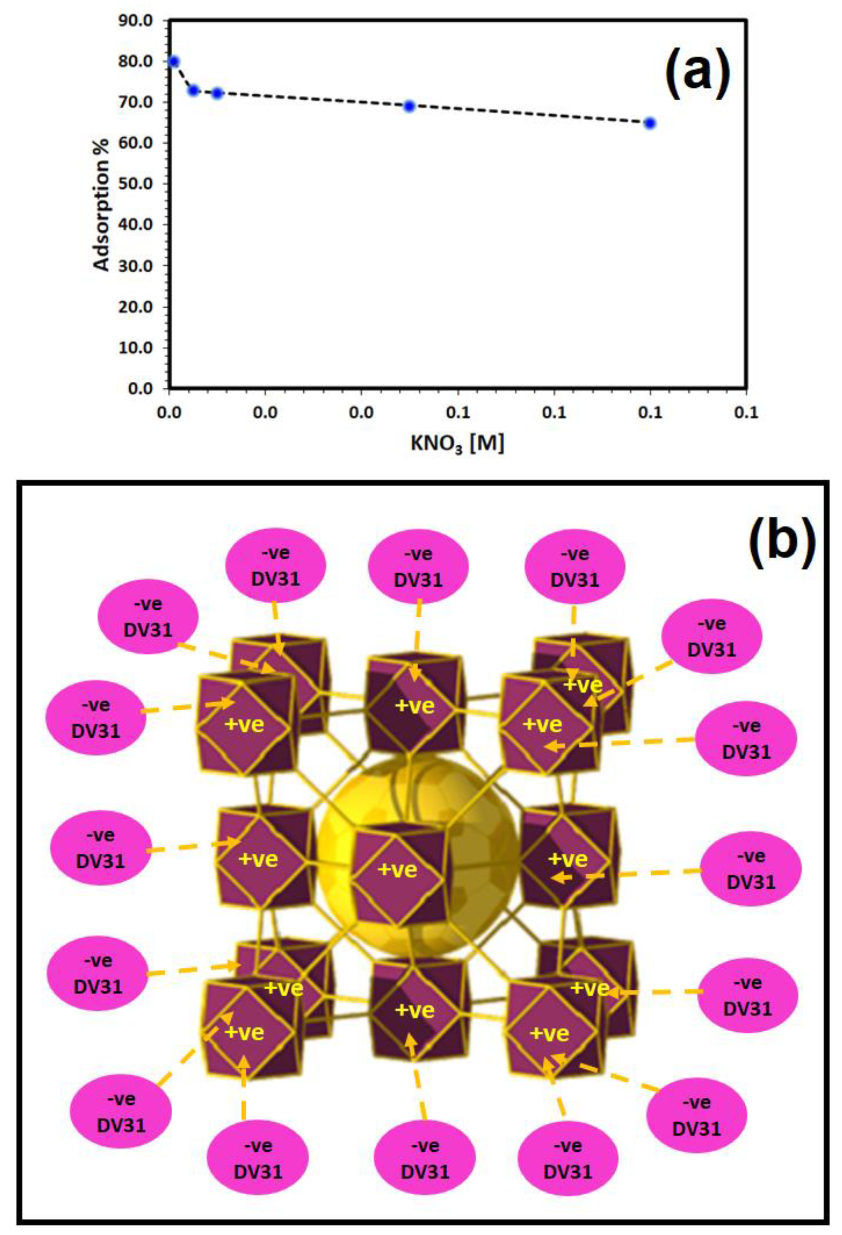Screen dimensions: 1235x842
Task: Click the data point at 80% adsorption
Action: click(x=173, y=61)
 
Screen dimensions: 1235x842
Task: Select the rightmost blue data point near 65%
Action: click(x=649, y=123)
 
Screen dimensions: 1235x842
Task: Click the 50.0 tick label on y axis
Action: click(x=136, y=184)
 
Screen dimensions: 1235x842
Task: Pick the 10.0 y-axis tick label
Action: click(x=136, y=348)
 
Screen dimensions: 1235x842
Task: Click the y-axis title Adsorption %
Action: click(x=102, y=204)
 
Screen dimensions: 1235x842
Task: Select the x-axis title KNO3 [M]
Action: click(x=457, y=443)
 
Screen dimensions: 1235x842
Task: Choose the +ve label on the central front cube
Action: click(x=397, y=870)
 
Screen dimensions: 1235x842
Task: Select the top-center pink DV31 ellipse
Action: click(x=419, y=567)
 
